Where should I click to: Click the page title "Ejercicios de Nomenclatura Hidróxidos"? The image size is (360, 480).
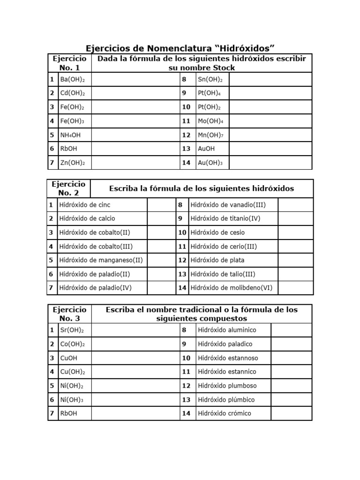pyautogui.click(x=180, y=48)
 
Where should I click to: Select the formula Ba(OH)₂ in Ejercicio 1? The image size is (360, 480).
pyautogui.click(x=72, y=79)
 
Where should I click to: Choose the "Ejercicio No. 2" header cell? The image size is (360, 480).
pyautogui.click(x=69, y=188)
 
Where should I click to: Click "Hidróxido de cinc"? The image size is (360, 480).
pyautogui.click(x=85, y=205)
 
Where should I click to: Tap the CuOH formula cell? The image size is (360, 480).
pyautogui.click(x=68, y=358)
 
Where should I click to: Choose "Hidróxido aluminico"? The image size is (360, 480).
pyautogui.click(x=227, y=330)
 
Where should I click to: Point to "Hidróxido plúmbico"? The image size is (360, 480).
pyautogui.click(x=226, y=399)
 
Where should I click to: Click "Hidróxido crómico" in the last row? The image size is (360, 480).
pyautogui.click(x=225, y=413)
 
